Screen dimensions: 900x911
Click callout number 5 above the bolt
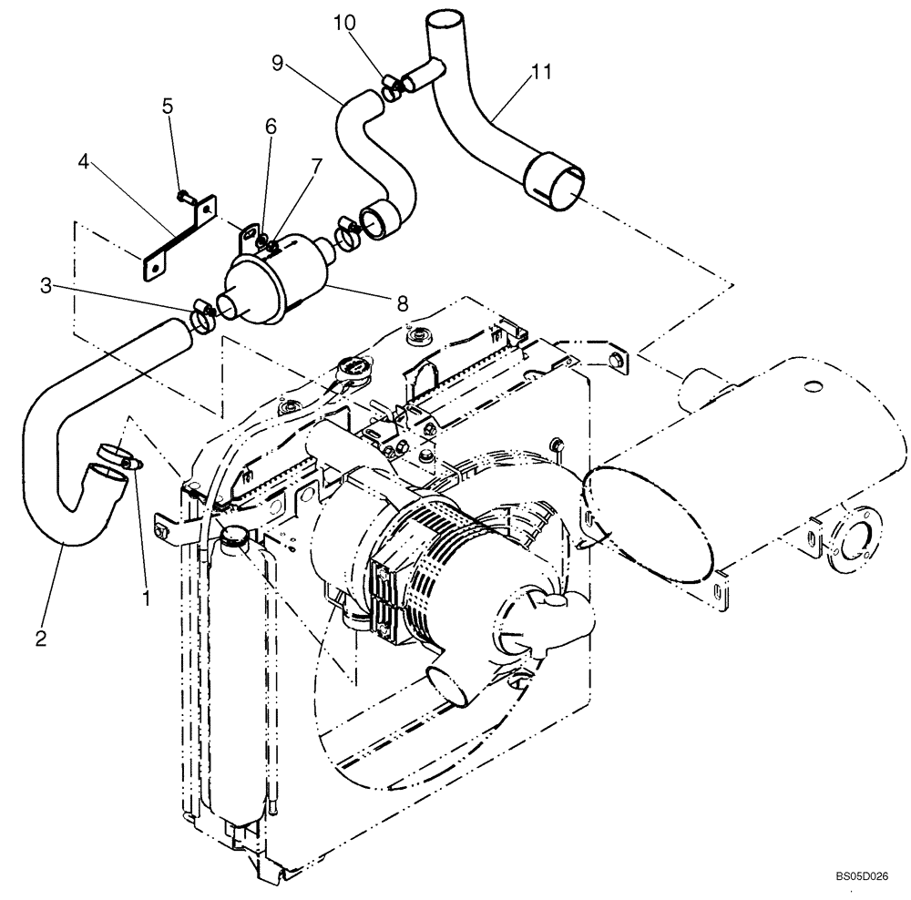(x=167, y=105)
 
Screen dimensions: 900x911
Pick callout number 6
(x=271, y=128)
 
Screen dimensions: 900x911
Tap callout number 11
(x=542, y=74)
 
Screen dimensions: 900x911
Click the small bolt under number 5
(x=182, y=194)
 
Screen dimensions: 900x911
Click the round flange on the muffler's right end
(x=855, y=545)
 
